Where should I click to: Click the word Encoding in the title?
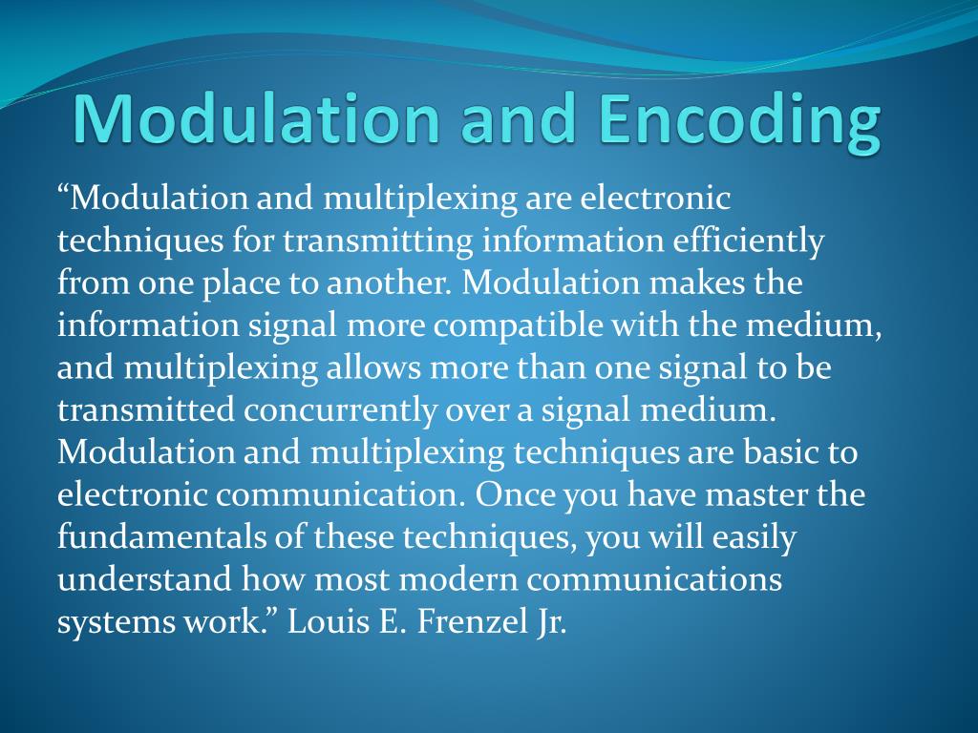(734, 121)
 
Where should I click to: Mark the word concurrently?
(342, 410)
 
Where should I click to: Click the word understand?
(144, 579)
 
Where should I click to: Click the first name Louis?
(327, 621)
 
